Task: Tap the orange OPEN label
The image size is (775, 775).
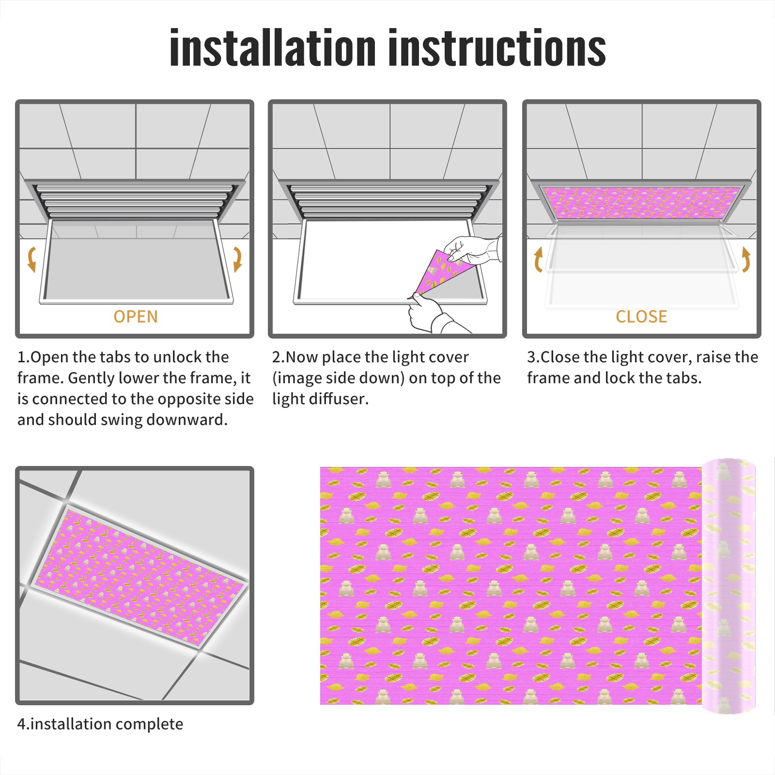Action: tap(136, 316)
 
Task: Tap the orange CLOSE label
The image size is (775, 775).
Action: tap(641, 316)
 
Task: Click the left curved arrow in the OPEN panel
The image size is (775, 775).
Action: tap(31, 259)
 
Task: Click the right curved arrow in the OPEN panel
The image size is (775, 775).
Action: tap(237, 259)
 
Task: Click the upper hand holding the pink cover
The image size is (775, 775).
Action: tap(472, 250)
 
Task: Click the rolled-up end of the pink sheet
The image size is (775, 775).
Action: tap(728, 586)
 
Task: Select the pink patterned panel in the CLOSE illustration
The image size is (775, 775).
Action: tap(642, 202)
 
